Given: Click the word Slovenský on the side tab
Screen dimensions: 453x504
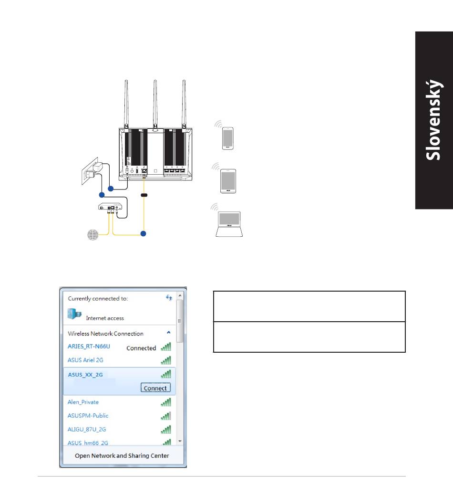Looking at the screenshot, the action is pos(434,120).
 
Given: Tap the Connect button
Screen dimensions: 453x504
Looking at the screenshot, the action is pos(155,388).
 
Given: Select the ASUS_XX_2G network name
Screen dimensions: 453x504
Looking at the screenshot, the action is pos(85,375).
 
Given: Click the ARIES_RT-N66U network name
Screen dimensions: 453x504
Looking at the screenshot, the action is pos(89,346).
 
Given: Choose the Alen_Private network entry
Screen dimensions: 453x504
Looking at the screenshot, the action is pos(83,402).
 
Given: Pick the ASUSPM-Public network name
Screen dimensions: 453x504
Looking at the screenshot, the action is pos(88,416).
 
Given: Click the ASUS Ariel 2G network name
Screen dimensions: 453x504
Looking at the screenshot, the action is pos(85,360).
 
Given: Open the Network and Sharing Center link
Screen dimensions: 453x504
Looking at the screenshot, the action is pos(122,455).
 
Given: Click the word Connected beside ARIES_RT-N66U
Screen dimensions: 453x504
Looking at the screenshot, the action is pos(141,348).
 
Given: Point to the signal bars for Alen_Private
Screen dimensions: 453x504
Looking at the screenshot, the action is pos(166,402).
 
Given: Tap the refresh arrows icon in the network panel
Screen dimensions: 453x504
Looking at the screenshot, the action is pos(169,297).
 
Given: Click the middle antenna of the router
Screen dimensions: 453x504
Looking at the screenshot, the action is pos(155,103).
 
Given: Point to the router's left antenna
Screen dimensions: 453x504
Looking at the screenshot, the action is pos(126,103).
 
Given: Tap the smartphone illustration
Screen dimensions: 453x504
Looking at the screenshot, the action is pos(228,138).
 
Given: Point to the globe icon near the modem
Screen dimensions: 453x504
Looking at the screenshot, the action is pos(93,235).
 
